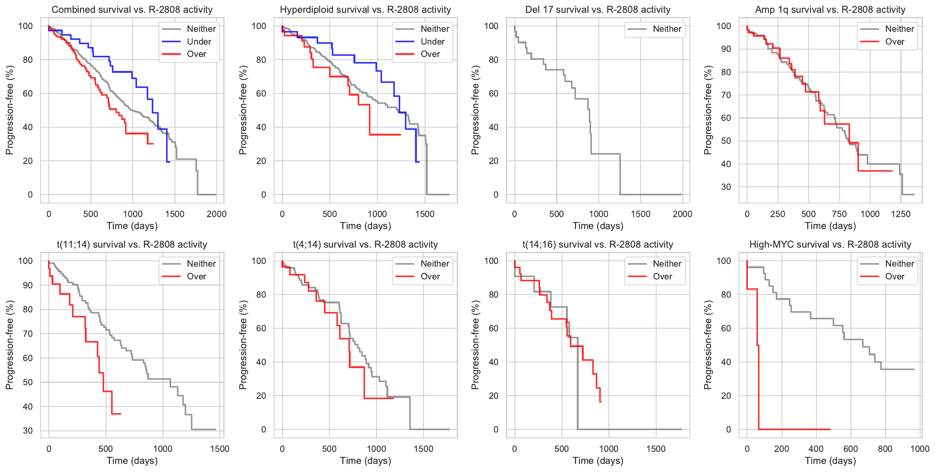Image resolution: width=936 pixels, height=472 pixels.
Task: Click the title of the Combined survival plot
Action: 132,10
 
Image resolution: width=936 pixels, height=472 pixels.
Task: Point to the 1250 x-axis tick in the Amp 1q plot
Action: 901,214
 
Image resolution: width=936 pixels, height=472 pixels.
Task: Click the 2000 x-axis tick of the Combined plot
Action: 216,214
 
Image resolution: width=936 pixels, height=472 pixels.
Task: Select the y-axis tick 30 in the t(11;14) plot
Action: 28,431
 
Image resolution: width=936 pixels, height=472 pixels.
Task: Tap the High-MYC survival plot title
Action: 830,245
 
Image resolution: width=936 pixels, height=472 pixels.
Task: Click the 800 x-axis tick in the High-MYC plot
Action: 885,449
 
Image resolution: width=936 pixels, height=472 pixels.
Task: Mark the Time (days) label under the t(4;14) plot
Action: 365,461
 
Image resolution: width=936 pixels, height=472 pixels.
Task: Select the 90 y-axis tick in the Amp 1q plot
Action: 726,49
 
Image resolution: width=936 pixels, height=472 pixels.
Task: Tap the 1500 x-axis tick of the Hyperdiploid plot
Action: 425,214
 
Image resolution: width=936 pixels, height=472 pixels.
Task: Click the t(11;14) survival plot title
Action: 132,245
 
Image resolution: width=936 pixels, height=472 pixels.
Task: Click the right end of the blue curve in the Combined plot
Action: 170,162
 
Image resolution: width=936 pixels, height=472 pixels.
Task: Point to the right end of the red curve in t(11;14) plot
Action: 121,414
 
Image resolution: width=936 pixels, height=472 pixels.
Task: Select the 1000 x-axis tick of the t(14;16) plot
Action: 609,449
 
